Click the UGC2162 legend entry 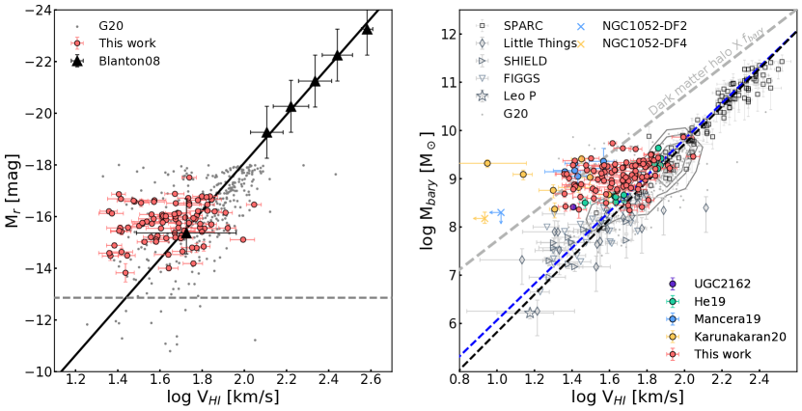pyautogui.click(x=719, y=283)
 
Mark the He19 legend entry pyautogui.click(x=708, y=301)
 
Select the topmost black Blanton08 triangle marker pyautogui.click(x=367, y=29)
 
